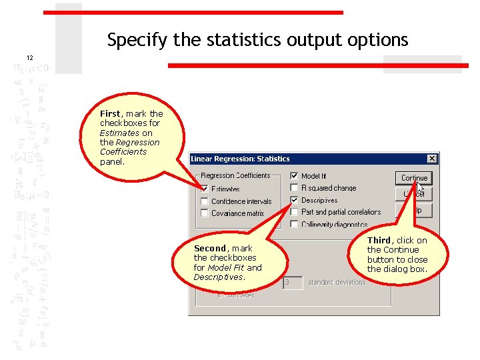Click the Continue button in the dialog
[414, 178]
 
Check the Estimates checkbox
[205, 189]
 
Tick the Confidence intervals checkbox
[205, 201]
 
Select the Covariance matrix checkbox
[205, 213]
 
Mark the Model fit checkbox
[294, 176]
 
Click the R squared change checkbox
[294, 188]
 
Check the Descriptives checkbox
[294, 200]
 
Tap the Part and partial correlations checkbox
[294, 212]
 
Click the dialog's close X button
[432, 159]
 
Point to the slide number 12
[29, 58]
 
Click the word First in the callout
[110, 114]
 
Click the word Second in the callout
[210, 249]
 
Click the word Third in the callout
[379, 241]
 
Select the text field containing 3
[293, 283]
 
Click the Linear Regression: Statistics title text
[240, 159]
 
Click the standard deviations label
[337, 283]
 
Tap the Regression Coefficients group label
[235, 176]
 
